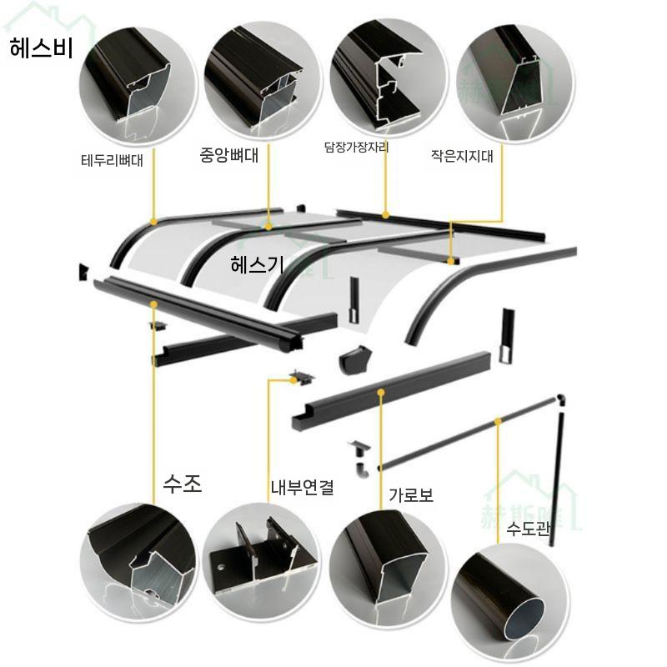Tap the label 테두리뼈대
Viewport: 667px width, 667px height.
113,159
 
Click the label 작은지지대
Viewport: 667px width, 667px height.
462,155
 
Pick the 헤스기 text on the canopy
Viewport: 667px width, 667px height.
258,264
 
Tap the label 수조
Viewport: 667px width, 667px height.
183,484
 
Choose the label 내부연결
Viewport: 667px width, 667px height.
301,488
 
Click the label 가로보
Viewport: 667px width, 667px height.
411,494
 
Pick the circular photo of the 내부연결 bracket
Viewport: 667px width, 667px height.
261,554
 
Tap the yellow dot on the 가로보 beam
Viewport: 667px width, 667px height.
380,390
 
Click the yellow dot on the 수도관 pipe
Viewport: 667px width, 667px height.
498,423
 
